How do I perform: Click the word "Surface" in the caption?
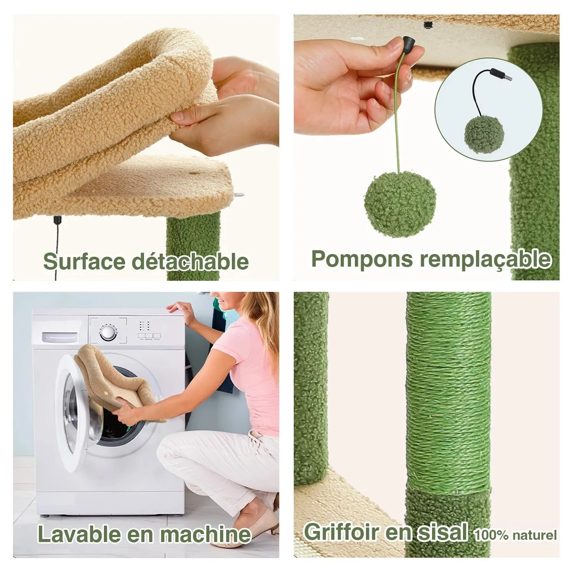84,262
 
